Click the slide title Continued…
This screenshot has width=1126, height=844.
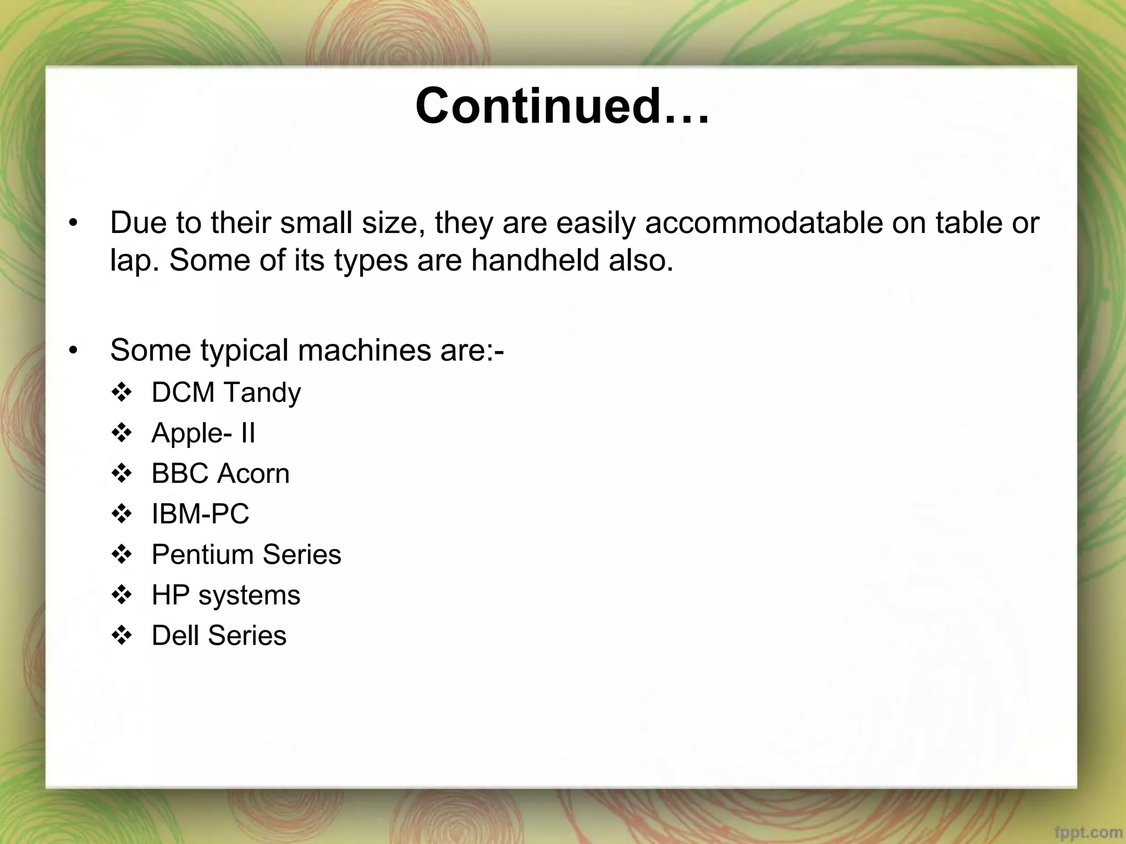562,105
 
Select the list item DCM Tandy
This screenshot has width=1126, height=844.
226,392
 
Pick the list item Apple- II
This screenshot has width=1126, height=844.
203,433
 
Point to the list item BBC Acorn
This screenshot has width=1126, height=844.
220,474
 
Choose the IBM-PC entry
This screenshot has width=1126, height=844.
200,514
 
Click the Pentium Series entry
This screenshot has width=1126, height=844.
246,554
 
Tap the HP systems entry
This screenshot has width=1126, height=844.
226,595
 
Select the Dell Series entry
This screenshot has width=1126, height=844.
219,636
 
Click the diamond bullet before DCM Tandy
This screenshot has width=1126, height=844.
122,392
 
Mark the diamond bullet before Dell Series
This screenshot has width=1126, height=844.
122,636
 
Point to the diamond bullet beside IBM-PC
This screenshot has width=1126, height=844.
122,514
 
